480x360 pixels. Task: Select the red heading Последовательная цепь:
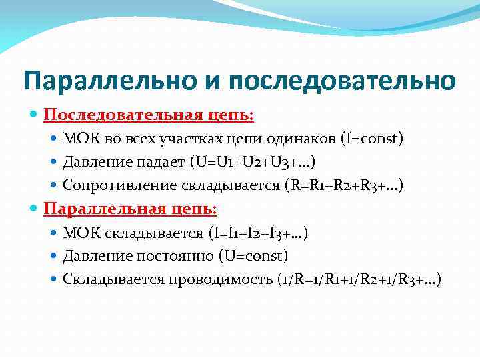[149, 115]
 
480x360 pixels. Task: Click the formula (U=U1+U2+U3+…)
[253, 162]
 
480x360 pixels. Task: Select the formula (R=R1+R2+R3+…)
[343, 185]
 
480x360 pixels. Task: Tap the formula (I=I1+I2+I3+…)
[257, 233]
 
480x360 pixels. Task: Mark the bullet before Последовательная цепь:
[34, 115]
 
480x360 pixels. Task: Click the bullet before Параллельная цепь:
[34, 209]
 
